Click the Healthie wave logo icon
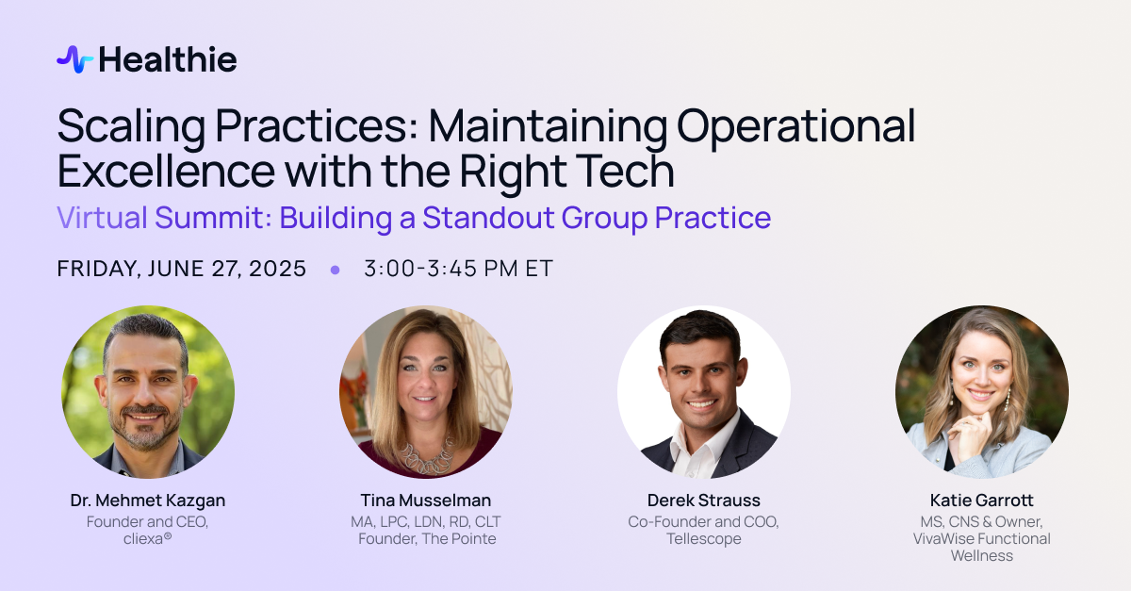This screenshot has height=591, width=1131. [x=74, y=59]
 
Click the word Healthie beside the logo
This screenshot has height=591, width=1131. [x=168, y=59]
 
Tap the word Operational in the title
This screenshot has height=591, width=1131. [x=795, y=126]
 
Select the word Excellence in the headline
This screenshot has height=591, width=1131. [x=166, y=172]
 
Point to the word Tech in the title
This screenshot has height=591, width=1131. [x=625, y=172]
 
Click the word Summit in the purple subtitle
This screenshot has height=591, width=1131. [x=209, y=218]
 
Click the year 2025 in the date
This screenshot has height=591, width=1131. [x=277, y=269]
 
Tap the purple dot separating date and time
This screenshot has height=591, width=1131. [x=335, y=271]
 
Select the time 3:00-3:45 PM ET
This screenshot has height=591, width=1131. [x=458, y=269]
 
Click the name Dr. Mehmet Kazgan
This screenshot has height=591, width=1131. [x=148, y=501]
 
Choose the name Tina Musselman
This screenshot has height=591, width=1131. [x=426, y=501]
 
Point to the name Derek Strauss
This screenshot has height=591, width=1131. [x=704, y=501]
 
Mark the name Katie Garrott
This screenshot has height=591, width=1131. [x=981, y=501]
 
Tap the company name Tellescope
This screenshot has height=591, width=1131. [x=704, y=539]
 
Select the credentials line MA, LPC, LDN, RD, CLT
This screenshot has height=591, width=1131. [x=426, y=522]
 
